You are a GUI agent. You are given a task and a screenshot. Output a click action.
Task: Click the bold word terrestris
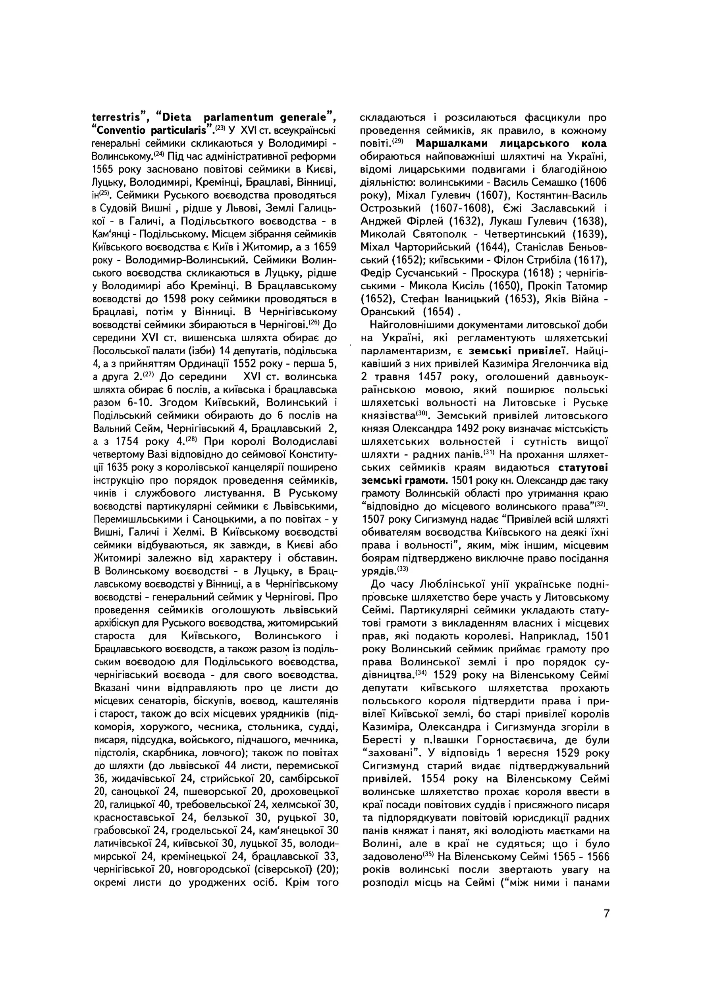118,117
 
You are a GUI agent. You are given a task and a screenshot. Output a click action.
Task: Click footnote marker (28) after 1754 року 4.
191,439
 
